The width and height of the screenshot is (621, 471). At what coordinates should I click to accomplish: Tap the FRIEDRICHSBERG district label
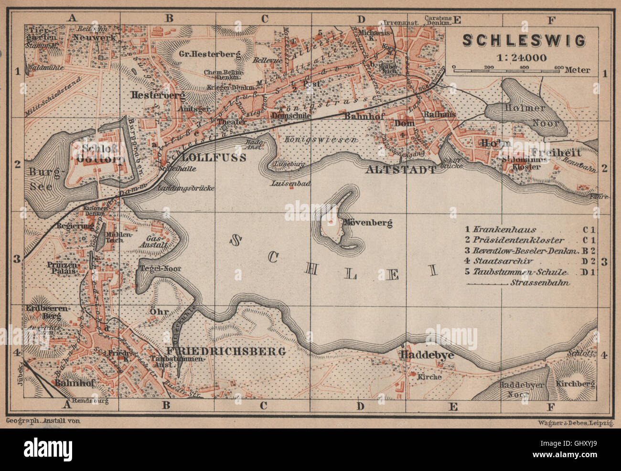(233, 352)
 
